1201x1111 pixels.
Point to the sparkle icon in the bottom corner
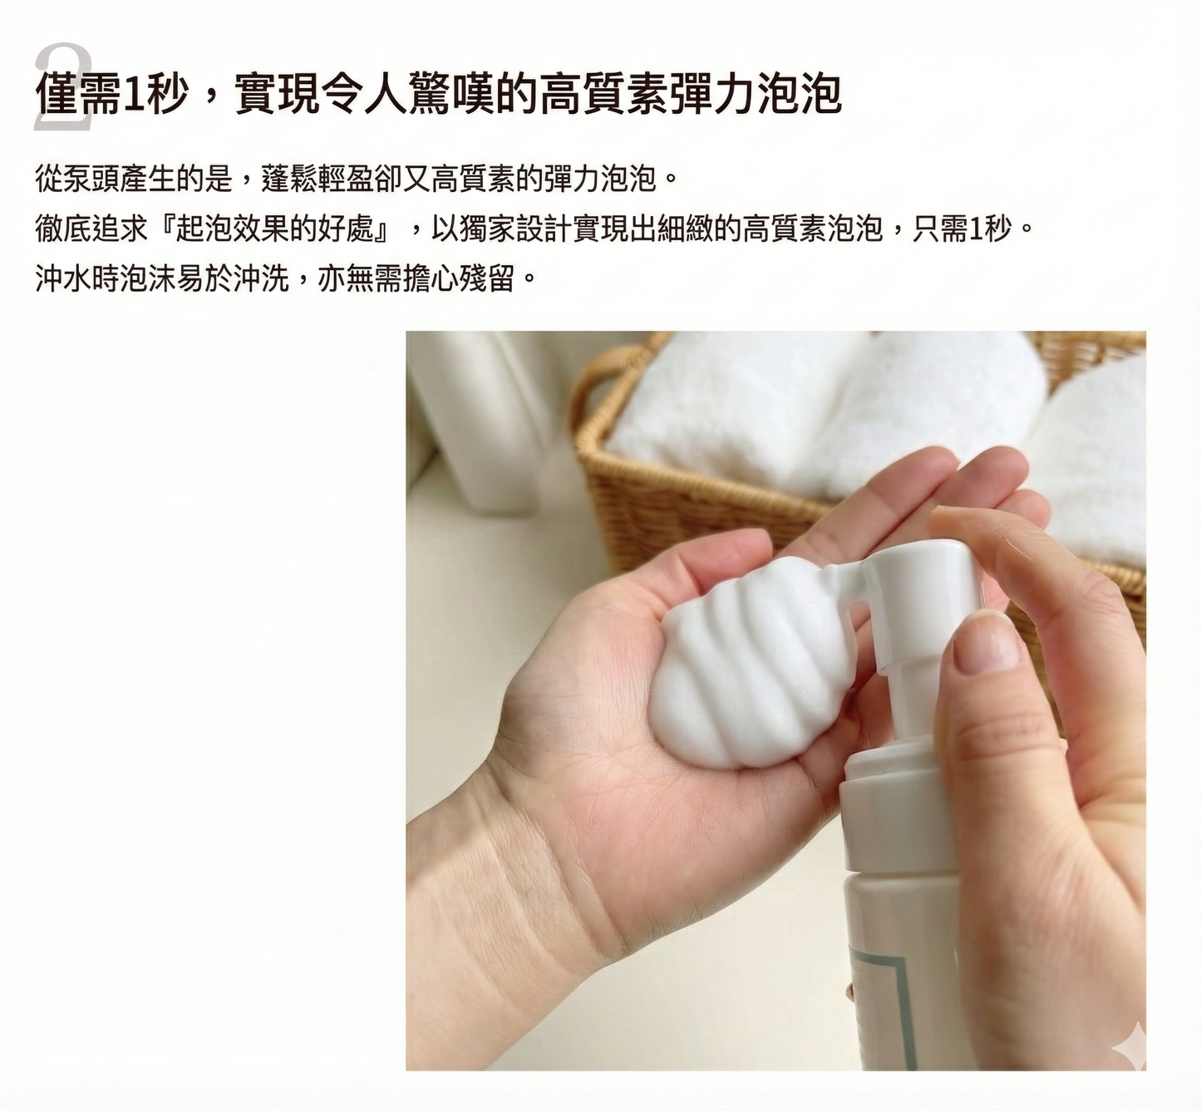[x=1134, y=1044]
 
